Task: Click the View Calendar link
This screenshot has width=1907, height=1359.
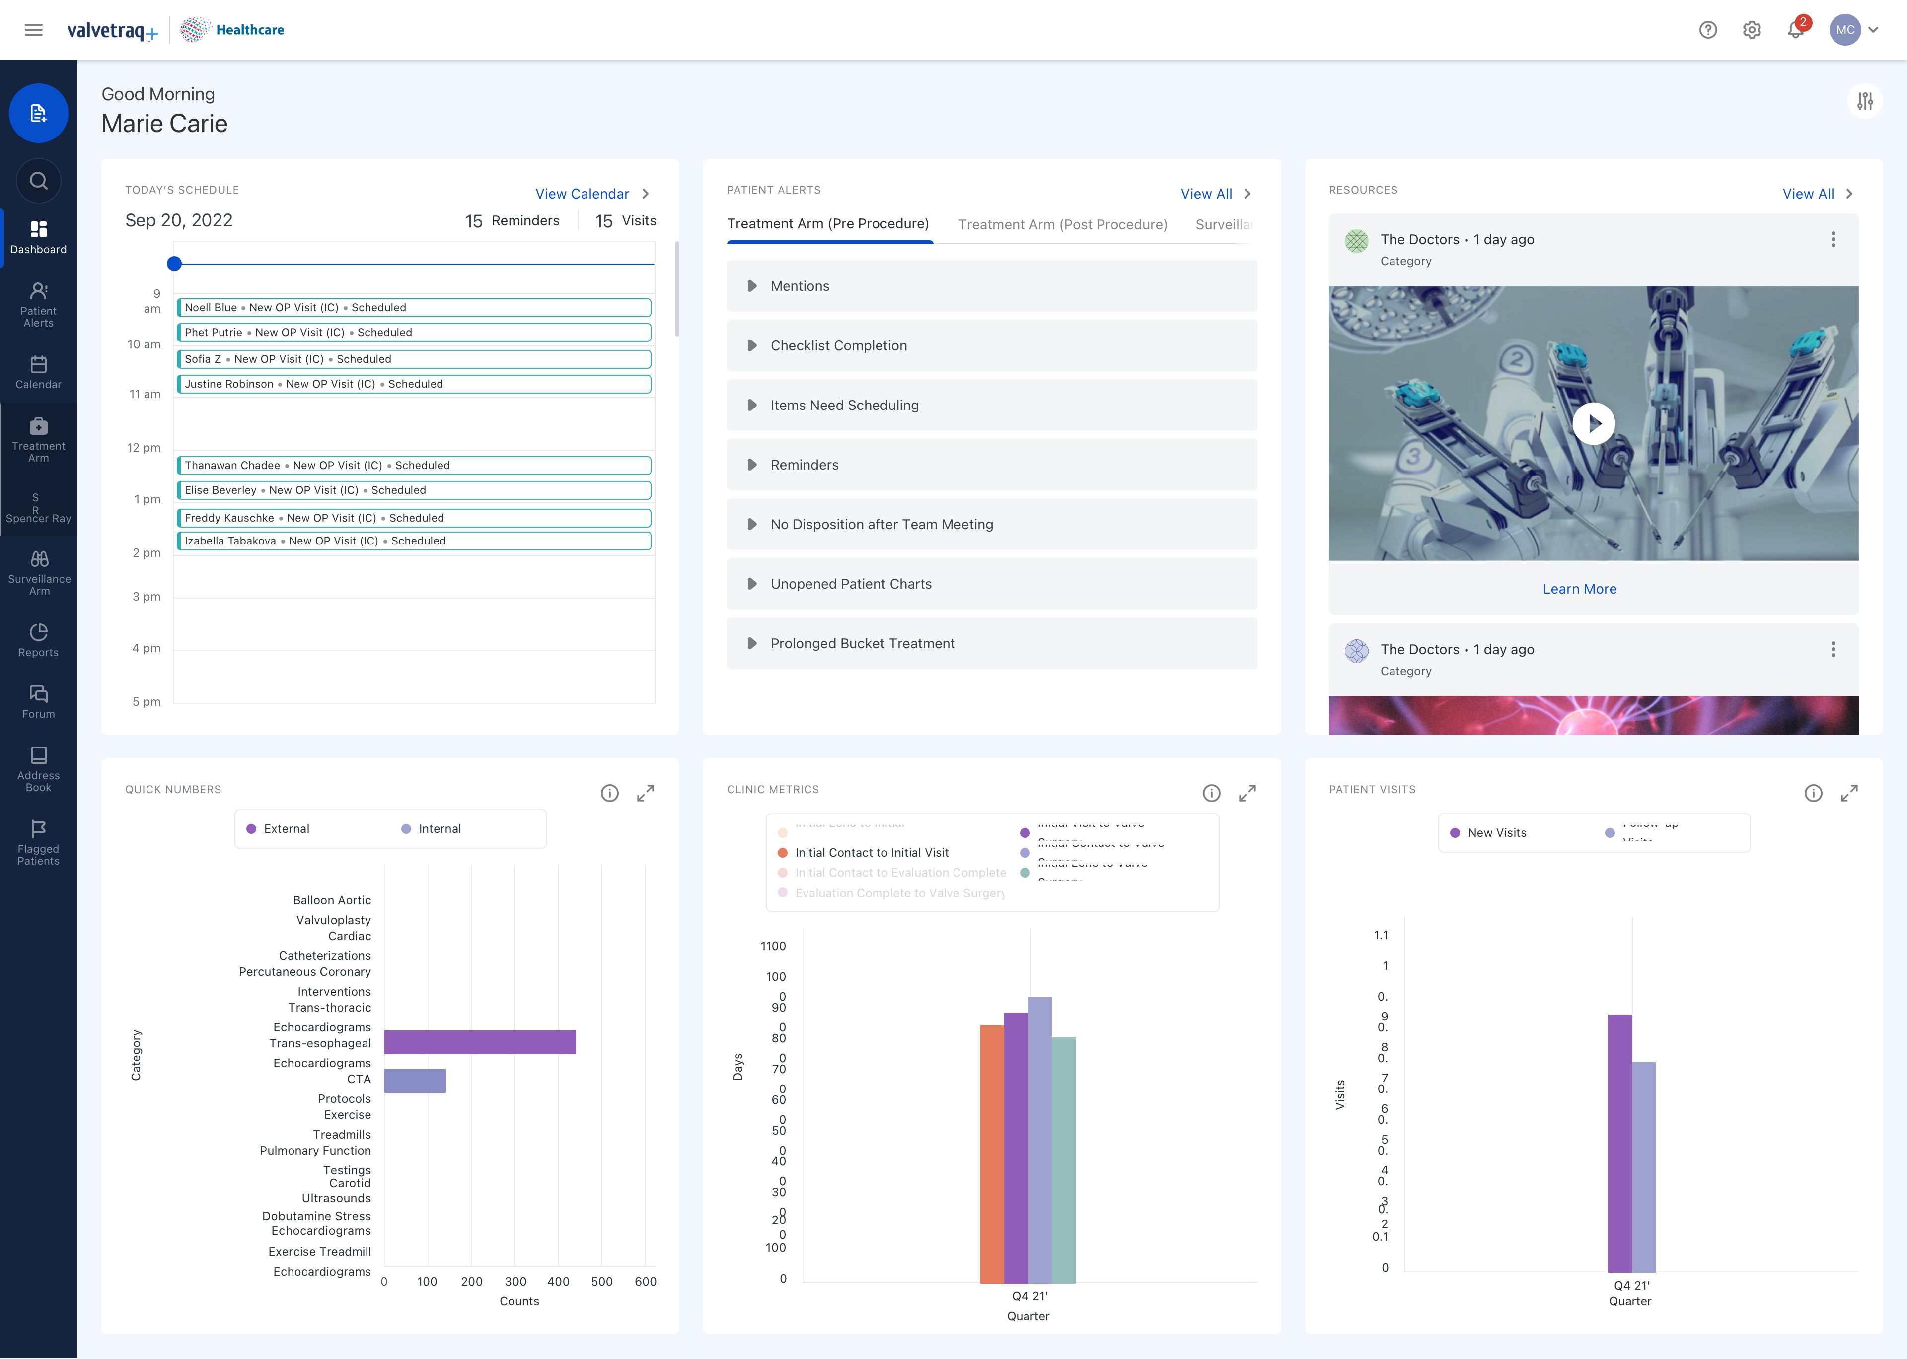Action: pos(583,193)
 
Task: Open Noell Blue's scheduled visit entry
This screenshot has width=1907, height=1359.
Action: pos(414,307)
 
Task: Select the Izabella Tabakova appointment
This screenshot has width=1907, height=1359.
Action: pos(414,541)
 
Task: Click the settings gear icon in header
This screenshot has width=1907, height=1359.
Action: pos(1751,30)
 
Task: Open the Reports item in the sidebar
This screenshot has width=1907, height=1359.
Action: pos(39,640)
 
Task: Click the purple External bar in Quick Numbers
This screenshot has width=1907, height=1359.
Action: pos(480,1042)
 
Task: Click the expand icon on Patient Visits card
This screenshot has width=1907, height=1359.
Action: pos(1848,793)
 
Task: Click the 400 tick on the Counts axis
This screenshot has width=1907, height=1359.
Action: pos(558,1281)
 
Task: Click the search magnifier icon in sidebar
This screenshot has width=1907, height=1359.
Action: pos(39,181)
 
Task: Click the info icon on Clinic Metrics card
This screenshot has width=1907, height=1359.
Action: pos(1211,793)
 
